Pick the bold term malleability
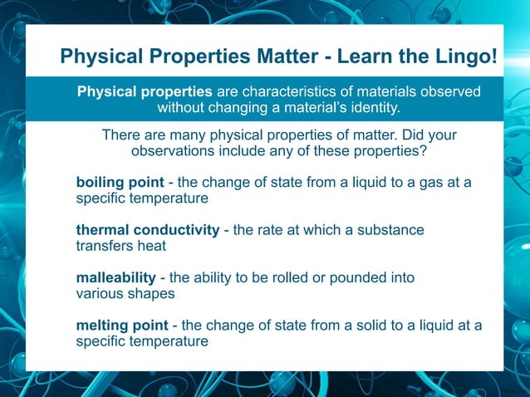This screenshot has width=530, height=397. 115,277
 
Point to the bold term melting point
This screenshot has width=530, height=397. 121,325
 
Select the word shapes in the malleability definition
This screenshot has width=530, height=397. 153,293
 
